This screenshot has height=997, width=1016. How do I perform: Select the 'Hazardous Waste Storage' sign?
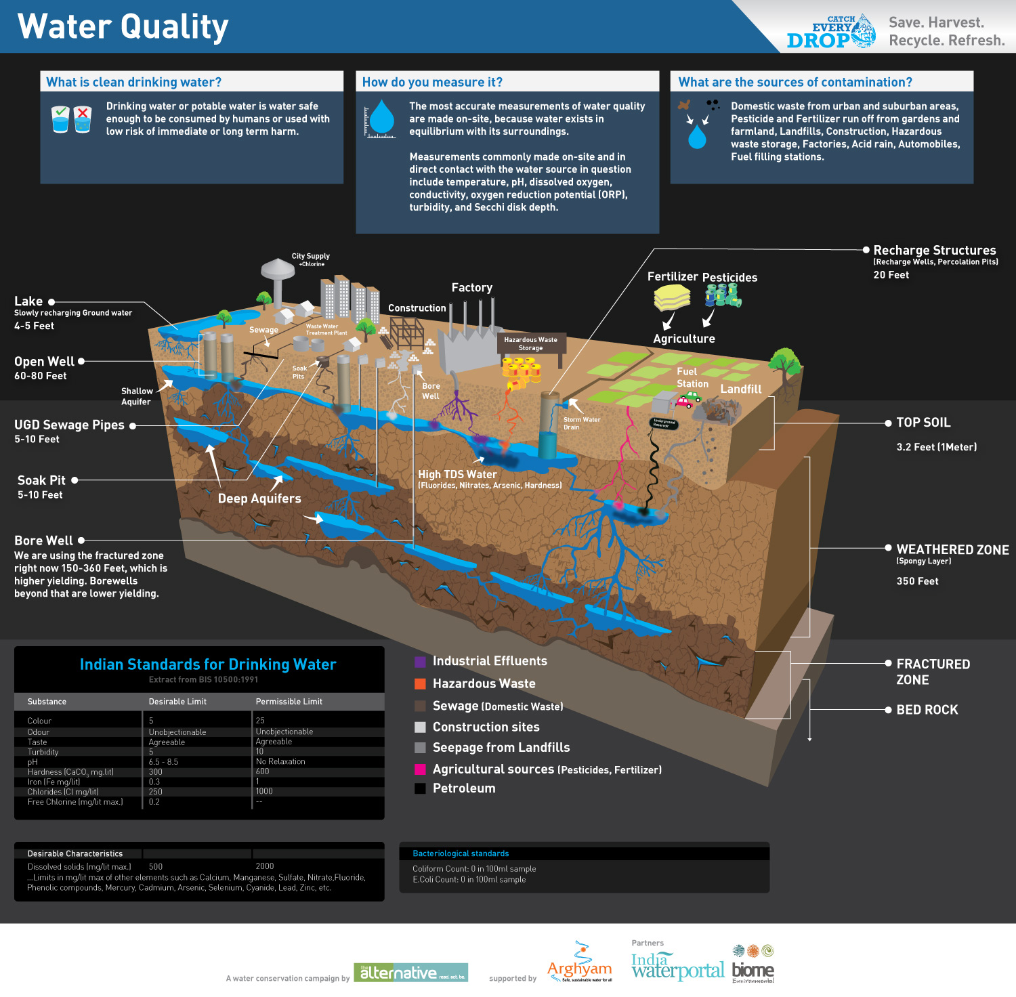530,343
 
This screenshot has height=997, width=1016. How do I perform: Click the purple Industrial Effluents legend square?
420,662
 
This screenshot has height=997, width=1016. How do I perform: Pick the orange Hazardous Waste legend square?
420,684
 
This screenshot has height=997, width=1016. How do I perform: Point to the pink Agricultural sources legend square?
420,769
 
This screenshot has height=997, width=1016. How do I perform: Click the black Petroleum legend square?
420,788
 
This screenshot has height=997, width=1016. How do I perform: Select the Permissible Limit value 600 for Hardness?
263,771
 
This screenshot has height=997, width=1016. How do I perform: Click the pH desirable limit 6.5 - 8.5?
163,762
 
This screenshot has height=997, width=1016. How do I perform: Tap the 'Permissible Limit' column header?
289,702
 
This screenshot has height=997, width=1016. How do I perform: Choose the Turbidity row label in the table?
43,752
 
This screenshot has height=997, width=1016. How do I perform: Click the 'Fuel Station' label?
692,377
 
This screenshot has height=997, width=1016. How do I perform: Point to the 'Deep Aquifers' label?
259,498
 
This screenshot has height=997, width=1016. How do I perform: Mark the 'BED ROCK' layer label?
927,710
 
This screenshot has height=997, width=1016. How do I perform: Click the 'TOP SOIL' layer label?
923,423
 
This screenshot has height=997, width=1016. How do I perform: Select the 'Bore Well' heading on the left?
43,540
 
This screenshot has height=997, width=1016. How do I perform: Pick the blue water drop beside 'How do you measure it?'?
382,118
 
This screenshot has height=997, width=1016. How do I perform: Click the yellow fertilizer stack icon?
672,297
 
